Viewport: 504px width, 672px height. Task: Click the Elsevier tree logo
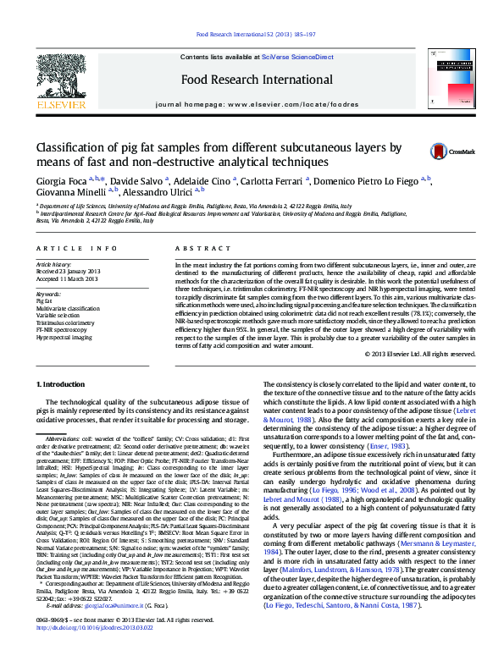[60, 80]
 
